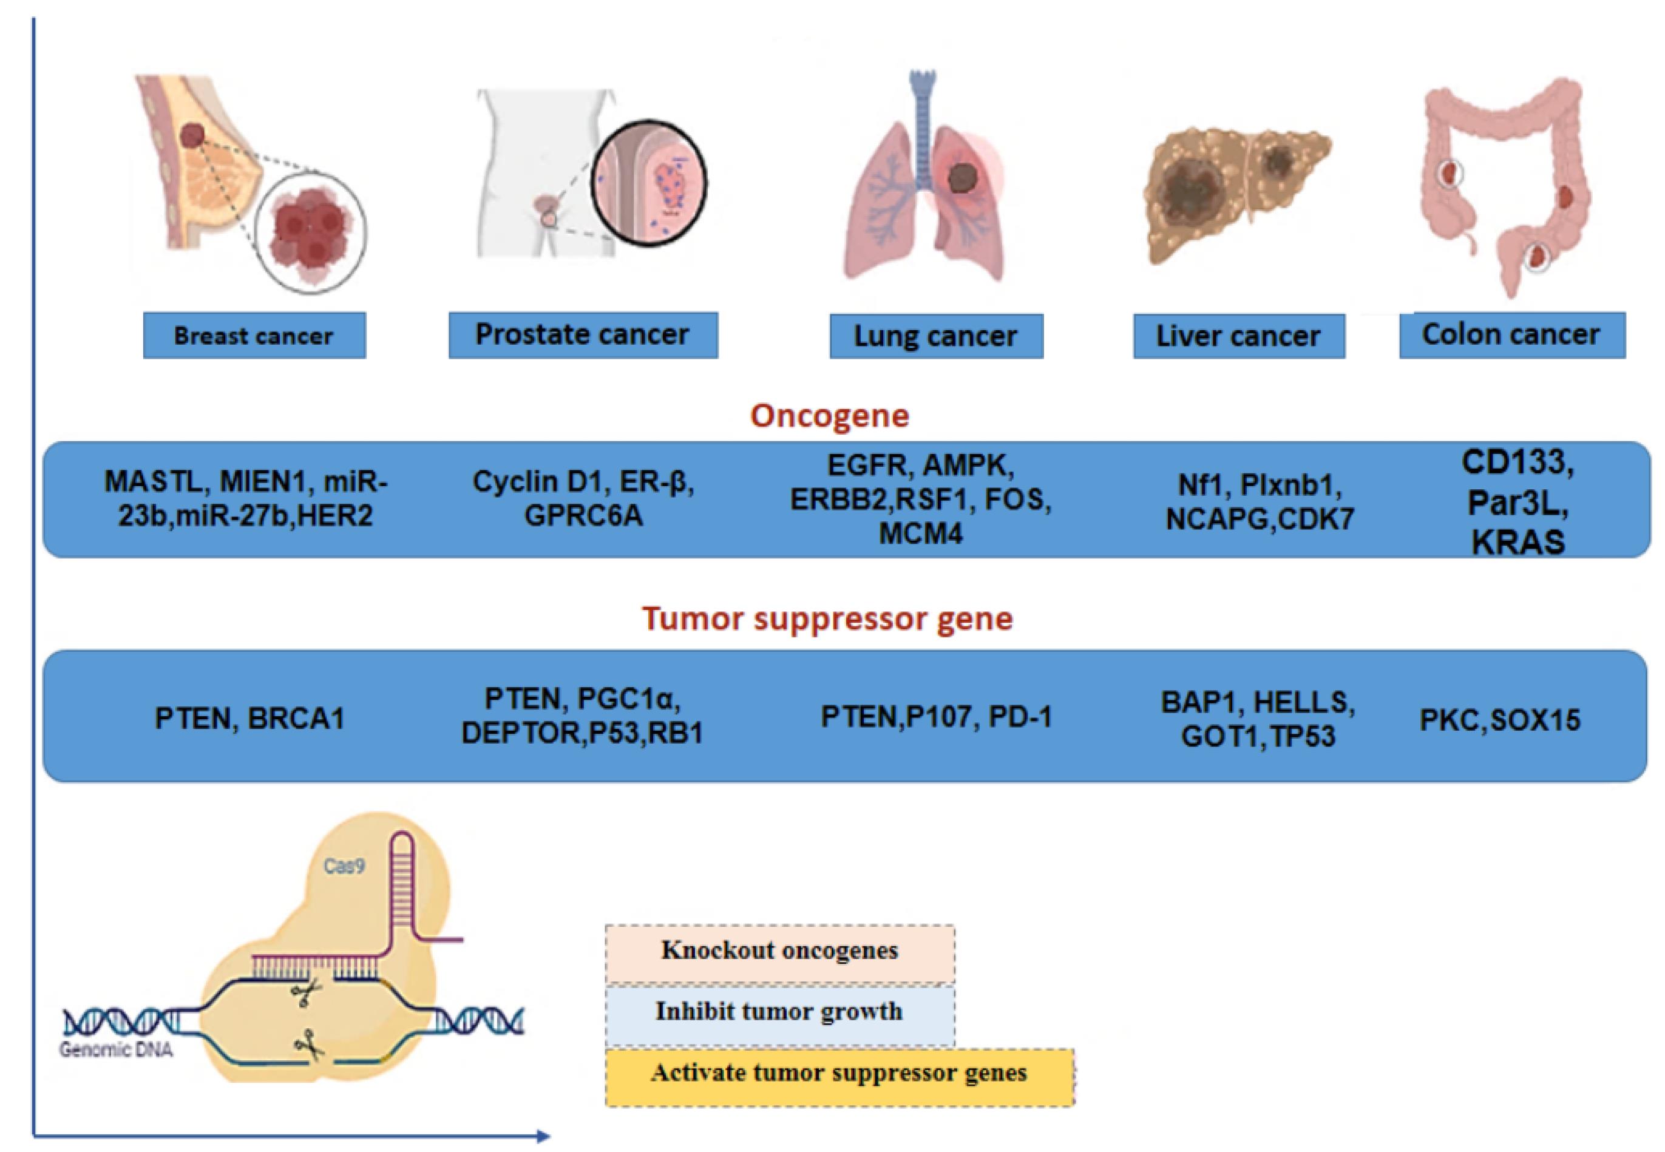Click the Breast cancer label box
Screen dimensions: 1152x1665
click(254, 336)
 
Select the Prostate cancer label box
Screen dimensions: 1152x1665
click(583, 335)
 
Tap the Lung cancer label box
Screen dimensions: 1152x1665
click(936, 336)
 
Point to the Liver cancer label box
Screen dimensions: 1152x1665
click(1238, 336)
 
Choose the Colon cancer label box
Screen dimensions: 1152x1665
click(1511, 335)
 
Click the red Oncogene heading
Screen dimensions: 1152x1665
click(829, 416)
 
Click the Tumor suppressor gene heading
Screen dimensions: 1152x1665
click(827, 619)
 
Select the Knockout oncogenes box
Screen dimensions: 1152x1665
click(779, 951)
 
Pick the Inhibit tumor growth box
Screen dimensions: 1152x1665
click(779, 1012)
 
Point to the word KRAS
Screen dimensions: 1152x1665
click(1517, 543)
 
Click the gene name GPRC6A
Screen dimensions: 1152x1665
click(583, 516)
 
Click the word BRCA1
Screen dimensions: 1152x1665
click(296, 719)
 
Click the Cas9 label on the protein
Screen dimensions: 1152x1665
click(344, 866)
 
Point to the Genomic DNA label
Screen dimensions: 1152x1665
click(116, 1049)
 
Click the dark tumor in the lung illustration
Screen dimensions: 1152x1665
click(961, 177)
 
